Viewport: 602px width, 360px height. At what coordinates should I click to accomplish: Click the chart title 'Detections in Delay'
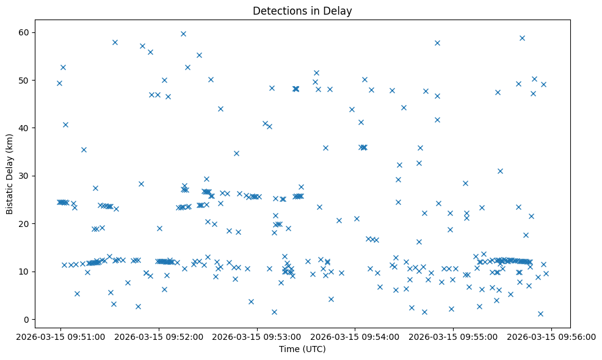tap(302, 11)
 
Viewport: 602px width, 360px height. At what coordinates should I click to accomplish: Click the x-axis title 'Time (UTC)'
tap(302, 349)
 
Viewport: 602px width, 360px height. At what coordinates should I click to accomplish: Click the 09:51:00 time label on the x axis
tap(60, 336)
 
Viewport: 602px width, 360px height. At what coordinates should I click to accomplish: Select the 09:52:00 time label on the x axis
tap(158, 336)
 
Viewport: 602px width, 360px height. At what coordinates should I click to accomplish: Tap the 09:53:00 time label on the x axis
tap(256, 336)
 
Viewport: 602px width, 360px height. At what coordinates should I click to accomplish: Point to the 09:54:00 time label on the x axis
tap(355, 336)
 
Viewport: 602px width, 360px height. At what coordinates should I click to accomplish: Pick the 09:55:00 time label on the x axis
tap(453, 336)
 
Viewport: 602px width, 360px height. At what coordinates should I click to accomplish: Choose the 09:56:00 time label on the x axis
tap(551, 336)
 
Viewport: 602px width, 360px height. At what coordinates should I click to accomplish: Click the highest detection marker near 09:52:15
tap(183, 34)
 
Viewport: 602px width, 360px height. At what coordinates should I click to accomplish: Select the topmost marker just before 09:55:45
tap(522, 38)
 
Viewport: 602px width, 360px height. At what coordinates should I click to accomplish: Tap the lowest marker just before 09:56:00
tap(540, 314)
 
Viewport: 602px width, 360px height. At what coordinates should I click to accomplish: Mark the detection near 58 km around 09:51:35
tap(115, 42)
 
